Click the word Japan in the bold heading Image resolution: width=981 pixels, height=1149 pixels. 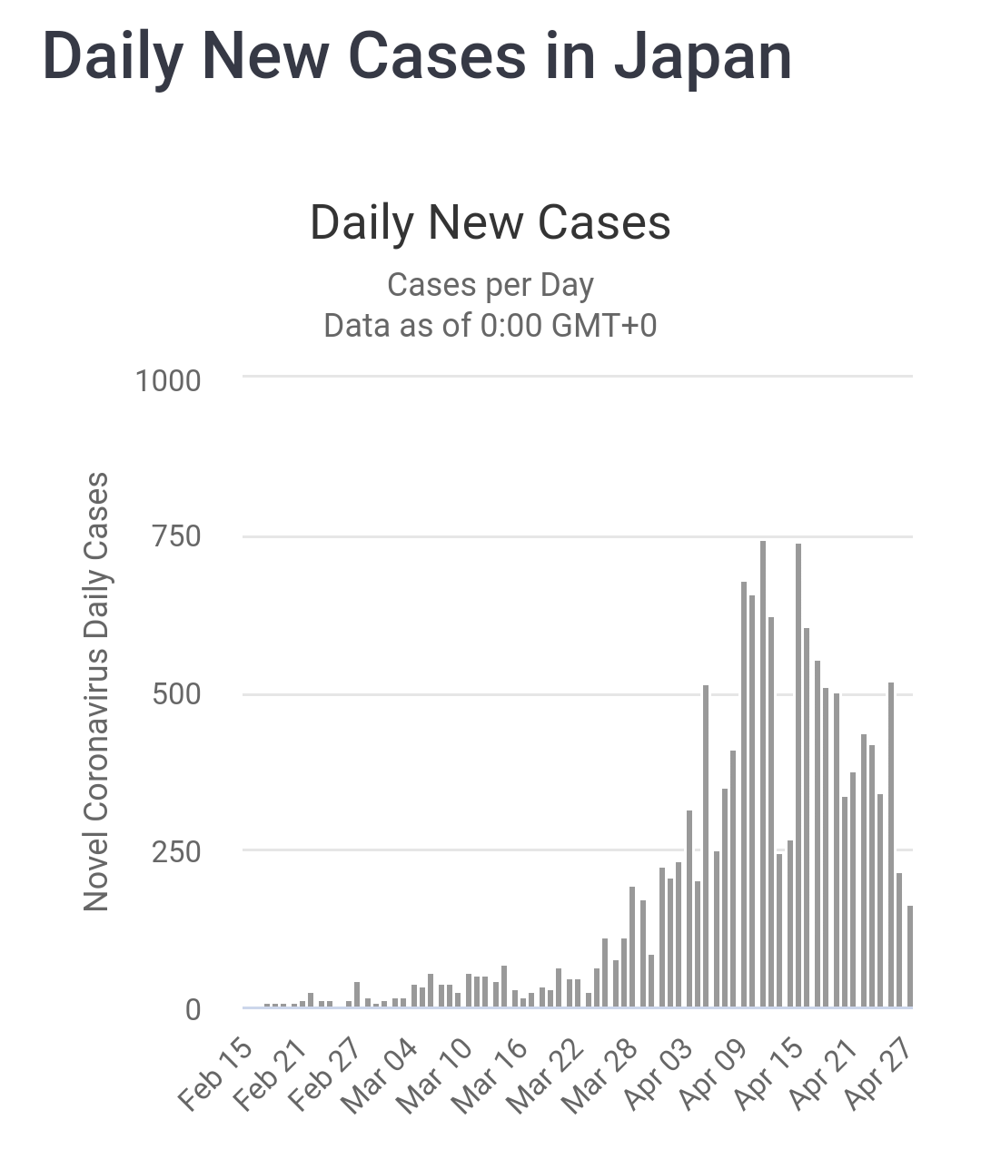point(702,56)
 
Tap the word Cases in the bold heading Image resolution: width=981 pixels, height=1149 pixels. point(436,56)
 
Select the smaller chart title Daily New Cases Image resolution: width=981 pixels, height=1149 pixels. point(490,222)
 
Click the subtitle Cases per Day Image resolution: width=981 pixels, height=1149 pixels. point(490,285)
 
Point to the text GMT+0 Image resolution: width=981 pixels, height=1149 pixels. point(604,325)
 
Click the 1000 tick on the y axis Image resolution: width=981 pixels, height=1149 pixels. point(168,380)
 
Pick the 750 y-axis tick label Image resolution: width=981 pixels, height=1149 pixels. point(177,536)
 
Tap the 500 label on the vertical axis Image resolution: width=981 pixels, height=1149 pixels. point(177,694)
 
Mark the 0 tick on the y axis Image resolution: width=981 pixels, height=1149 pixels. point(193,1009)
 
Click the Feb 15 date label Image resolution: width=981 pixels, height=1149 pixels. point(214,1076)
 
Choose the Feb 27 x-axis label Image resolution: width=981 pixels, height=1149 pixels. point(324,1076)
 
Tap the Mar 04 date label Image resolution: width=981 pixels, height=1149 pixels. point(380,1076)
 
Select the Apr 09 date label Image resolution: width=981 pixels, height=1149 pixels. point(712,1076)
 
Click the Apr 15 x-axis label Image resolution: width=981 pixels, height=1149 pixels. point(768,1076)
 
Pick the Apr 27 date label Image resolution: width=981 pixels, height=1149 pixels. point(877,1076)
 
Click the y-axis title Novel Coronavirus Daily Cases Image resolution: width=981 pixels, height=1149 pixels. point(96,692)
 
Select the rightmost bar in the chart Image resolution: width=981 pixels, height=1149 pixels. point(909,957)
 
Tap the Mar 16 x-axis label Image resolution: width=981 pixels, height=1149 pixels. point(490,1076)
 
